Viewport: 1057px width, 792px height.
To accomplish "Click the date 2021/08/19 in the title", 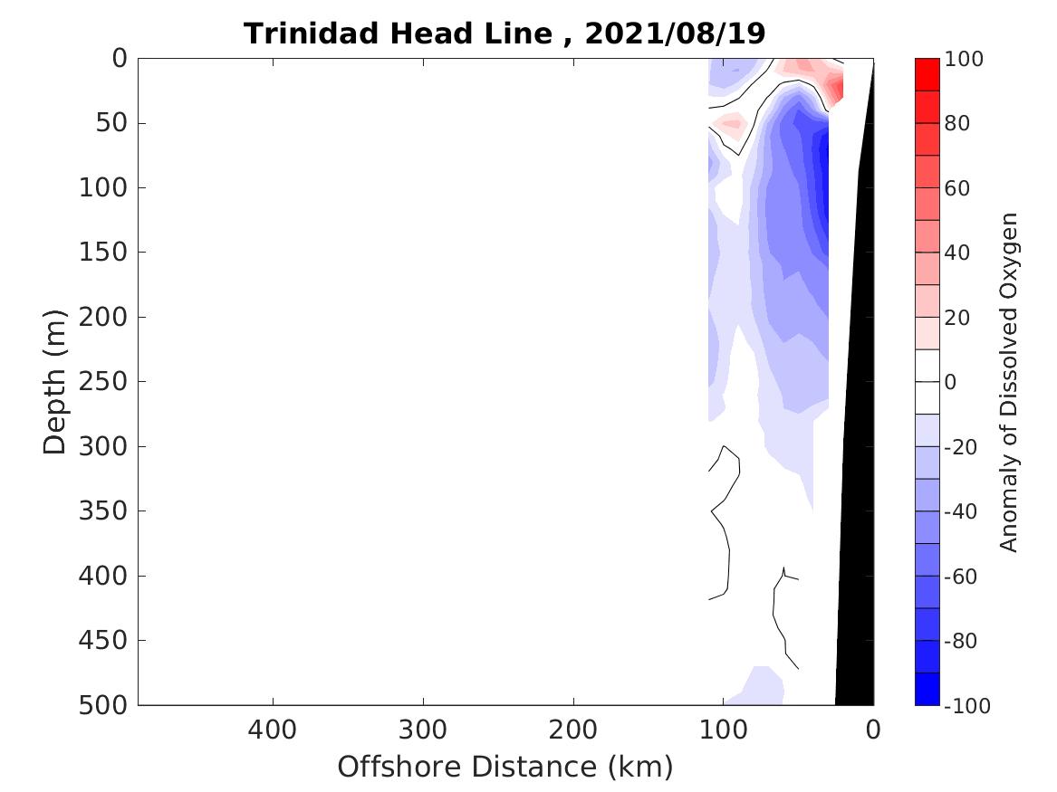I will point(676,34).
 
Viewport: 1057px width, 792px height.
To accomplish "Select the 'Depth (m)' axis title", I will point(55,381).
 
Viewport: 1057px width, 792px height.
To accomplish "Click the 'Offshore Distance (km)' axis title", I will point(505,767).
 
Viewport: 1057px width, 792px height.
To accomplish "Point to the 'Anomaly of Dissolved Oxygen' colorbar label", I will point(1010,382).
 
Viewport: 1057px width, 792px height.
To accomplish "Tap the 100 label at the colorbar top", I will point(964,60).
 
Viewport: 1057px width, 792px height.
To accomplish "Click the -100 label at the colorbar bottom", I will point(966,706).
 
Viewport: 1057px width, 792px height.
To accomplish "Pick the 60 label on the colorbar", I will point(959,188).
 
